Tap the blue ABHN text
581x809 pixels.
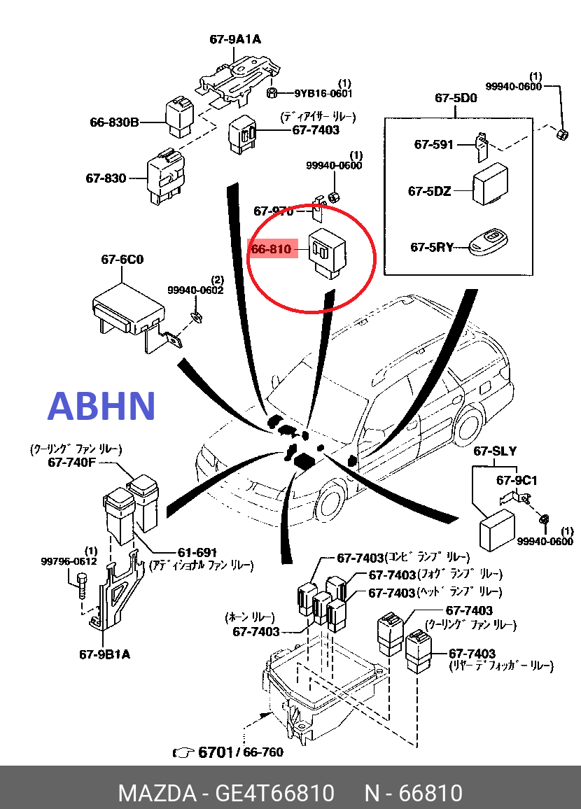click(x=101, y=407)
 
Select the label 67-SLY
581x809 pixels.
click(x=494, y=451)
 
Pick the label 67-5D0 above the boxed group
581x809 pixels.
click(x=456, y=98)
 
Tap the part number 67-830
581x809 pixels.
click(x=106, y=178)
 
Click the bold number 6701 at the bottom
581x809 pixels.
click(x=215, y=752)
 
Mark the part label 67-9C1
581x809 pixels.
click(x=517, y=480)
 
